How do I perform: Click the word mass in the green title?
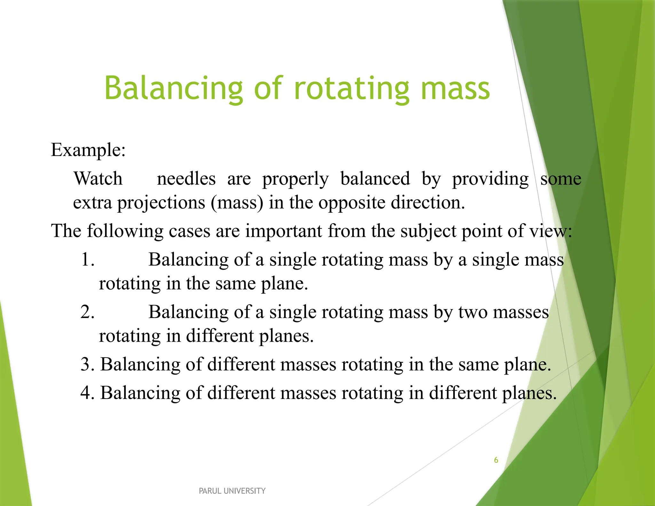(455, 89)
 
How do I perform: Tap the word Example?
(88, 150)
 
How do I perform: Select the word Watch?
(98, 178)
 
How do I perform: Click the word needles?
(186, 178)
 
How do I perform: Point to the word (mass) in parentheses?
(237, 202)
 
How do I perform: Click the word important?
(283, 231)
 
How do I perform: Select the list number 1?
(87, 259)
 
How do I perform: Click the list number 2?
(87, 312)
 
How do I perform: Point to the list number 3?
(87, 364)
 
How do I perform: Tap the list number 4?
(87, 393)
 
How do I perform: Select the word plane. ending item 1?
(284, 283)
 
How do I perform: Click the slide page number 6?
(496, 460)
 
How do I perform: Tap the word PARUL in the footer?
(210, 491)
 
